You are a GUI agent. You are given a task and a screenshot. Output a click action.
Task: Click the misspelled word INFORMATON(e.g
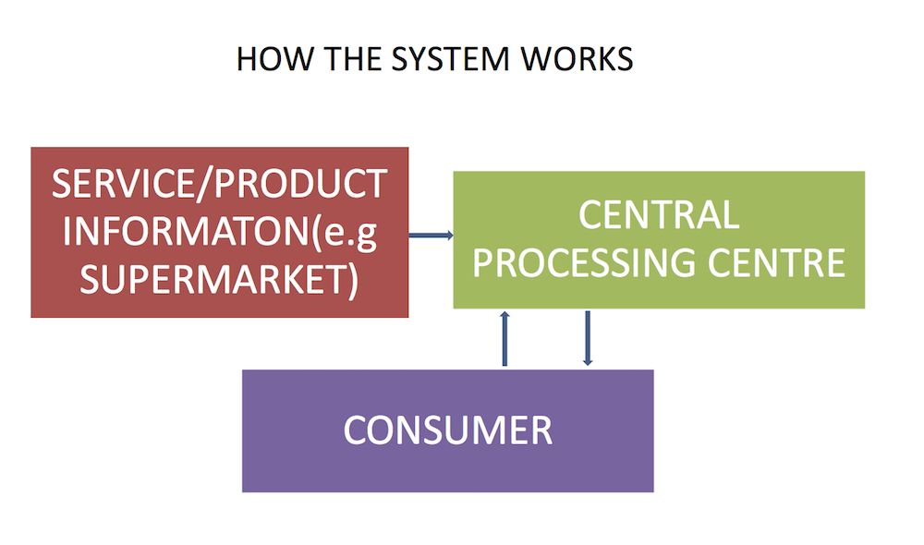coord(219,232)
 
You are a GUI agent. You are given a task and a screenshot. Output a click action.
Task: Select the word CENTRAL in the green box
coord(659,215)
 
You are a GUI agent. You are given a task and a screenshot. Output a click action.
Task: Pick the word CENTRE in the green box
coord(772,263)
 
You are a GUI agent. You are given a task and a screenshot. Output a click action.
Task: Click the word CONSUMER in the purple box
coord(448,430)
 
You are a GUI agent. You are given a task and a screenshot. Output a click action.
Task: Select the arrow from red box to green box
coord(431,236)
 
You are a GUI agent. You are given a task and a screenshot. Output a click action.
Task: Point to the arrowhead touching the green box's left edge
coord(449,236)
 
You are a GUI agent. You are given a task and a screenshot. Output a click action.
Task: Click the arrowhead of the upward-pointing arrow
coord(505,314)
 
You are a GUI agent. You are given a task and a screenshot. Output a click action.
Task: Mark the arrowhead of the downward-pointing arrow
coord(588,363)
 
